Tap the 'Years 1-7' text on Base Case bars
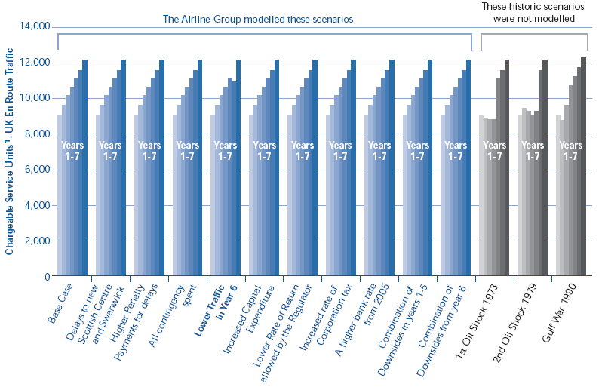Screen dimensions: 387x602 (x=72, y=151)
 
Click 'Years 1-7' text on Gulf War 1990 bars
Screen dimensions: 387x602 (x=571, y=151)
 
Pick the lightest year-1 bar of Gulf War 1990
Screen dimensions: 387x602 (x=558, y=195)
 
